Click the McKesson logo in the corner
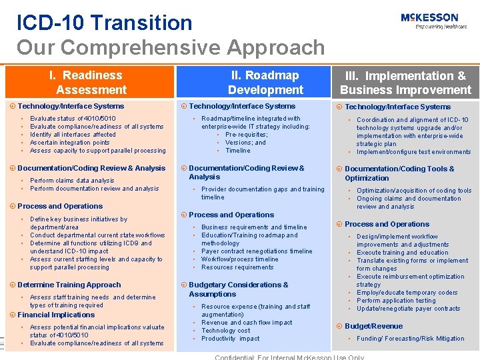click(430, 21)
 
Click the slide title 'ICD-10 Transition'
click(105, 23)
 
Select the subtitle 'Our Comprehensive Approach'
click(171, 48)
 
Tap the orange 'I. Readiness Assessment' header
click(91, 83)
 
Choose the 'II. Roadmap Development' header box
click(265, 83)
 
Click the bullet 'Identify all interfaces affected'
click(73, 135)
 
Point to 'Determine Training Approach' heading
click(69, 285)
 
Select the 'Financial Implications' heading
click(56, 315)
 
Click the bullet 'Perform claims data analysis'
click(72, 181)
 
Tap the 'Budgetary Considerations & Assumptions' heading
click(238, 289)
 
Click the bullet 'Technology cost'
click(226, 331)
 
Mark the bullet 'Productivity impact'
click(230, 339)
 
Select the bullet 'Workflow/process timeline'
click(240, 259)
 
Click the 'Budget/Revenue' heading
click(373, 326)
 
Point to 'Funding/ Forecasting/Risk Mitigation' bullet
click(411, 339)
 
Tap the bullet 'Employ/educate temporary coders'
click(407, 293)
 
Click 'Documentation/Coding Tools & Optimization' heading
click(399, 173)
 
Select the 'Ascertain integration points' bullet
click(70, 143)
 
